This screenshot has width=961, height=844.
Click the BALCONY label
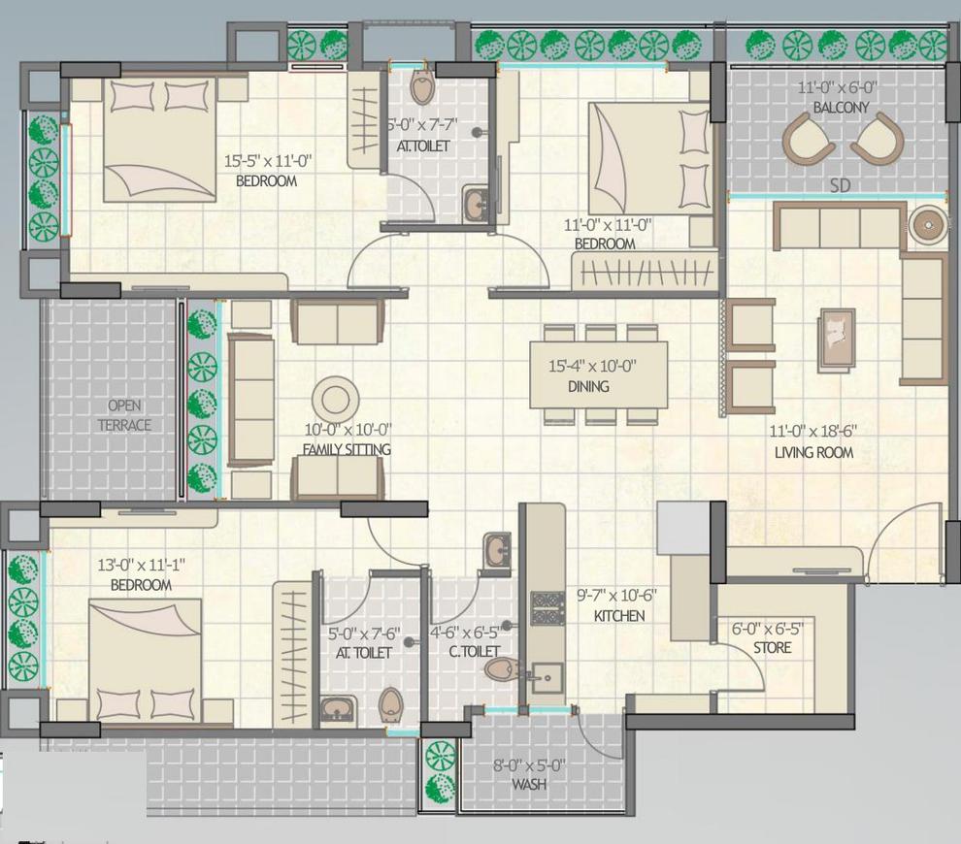click(x=841, y=107)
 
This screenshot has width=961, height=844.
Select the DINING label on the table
click(x=588, y=386)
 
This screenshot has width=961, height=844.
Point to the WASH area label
click(x=527, y=783)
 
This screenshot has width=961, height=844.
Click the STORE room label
click(x=772, y=647)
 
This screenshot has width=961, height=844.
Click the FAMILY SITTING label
click(x=347, y=449)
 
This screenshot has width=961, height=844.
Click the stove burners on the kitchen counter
click(x=547, y=608)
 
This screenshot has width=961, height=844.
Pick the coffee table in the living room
click(x=836, y=340)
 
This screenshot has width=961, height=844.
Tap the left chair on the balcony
click(x=808, y=138)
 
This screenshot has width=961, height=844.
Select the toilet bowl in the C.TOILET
click(x=502, y=668)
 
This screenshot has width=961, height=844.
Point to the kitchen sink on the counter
click(x=547, y=676)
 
